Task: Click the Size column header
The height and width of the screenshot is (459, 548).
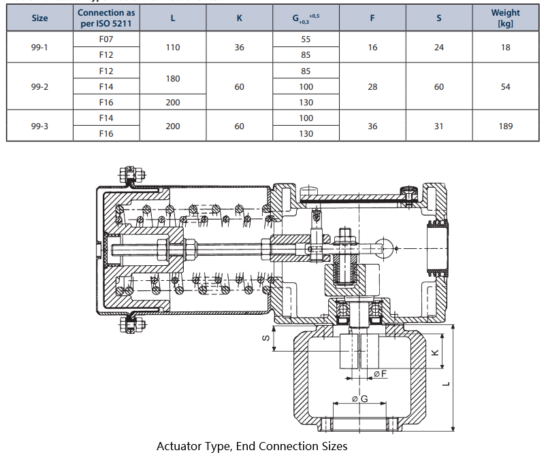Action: click(x=40, y=18)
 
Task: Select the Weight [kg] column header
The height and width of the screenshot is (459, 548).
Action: click(x=505, y=18)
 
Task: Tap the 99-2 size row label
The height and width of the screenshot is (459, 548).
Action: click(x=40, y=87)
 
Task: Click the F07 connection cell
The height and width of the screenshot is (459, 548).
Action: click(x=106, y=40)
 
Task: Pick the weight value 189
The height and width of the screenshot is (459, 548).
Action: click(x=505, y=126)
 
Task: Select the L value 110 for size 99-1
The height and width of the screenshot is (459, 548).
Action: click(x=173, y=48)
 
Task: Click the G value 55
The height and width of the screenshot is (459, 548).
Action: click(x=306, y=40)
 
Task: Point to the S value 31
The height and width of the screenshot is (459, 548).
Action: click(x=439, y=126)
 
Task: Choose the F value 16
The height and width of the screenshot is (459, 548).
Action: click(x=372, y=48)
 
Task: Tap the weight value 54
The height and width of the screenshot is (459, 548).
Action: click(x=505, y=87)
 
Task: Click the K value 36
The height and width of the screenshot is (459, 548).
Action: click(x=239, y=48)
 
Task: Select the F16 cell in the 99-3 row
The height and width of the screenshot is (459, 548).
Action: click(x=106, y=134)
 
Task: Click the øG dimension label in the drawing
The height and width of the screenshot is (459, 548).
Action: click(x=360, y=398)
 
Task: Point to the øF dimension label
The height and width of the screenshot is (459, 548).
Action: click(x=380, y=374)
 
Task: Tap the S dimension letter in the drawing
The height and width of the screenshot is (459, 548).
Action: click(x=266, y=337)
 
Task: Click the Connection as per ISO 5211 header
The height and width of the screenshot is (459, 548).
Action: click(x=106, y=18)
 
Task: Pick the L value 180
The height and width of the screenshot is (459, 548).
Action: click(x=173, y=79)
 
